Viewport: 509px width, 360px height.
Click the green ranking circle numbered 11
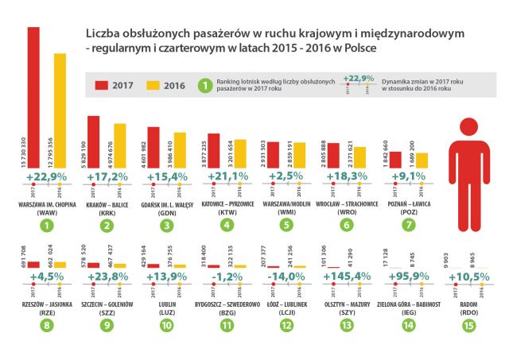click(x=229, y=325)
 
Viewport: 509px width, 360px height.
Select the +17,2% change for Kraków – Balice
click(x=108, y=176)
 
